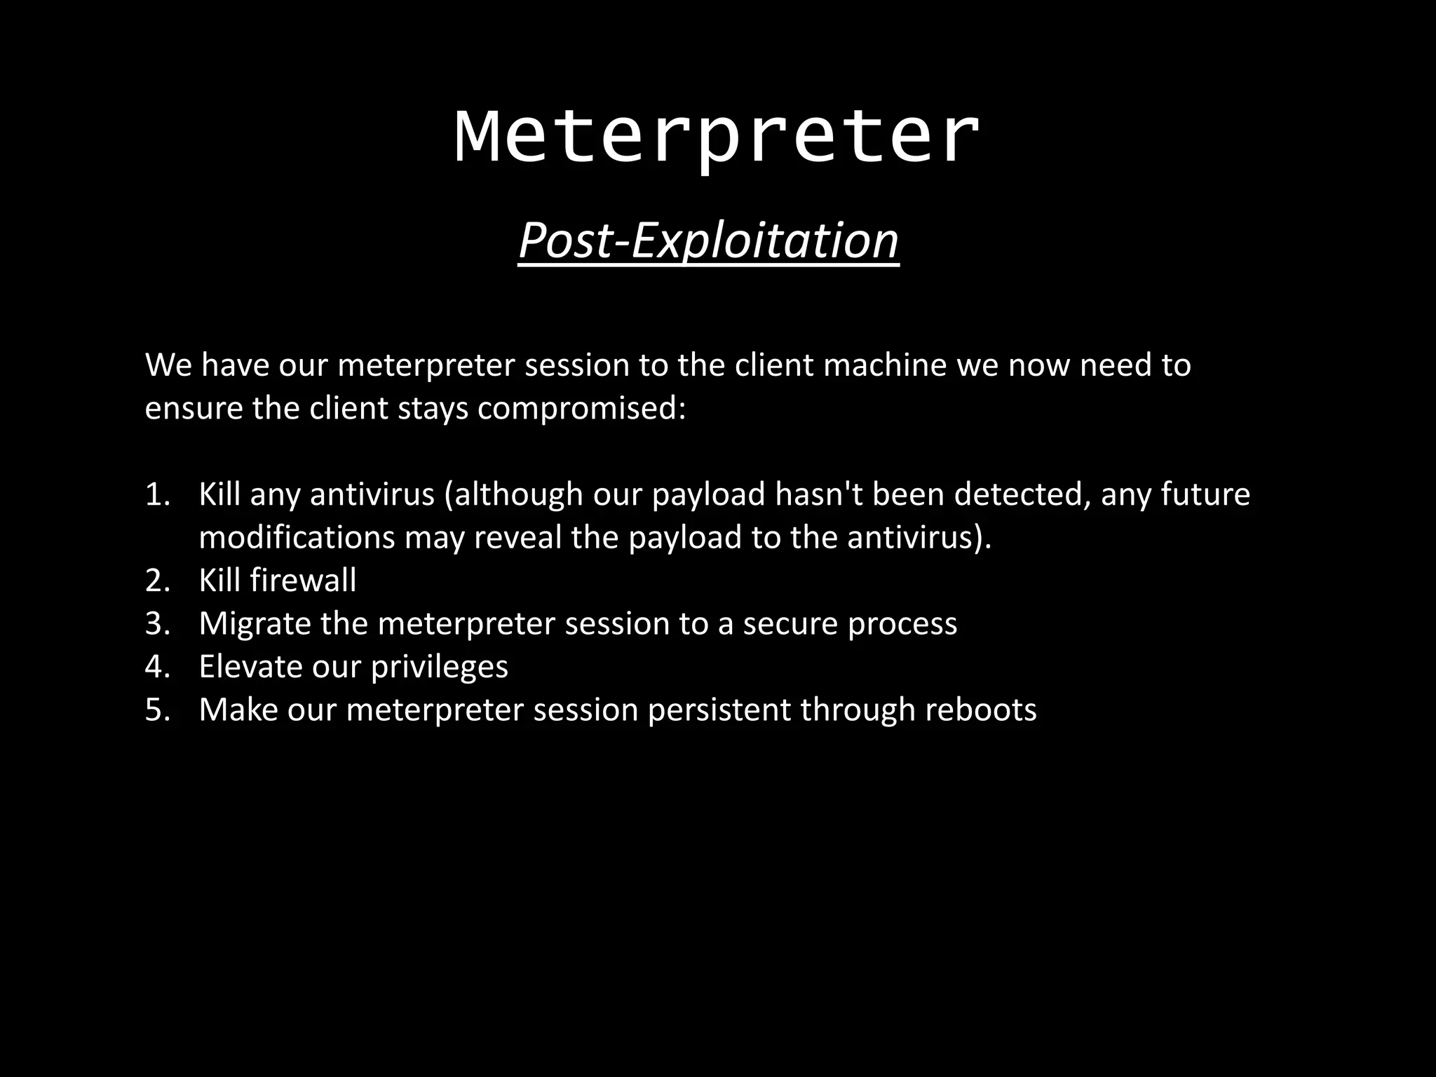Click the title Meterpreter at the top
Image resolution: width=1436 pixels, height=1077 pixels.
(717, 137)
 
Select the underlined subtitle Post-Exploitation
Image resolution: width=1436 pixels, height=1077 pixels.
(708, 241)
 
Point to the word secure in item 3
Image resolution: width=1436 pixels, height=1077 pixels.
(790, 624)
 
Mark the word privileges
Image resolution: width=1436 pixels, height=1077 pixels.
(439, 667)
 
